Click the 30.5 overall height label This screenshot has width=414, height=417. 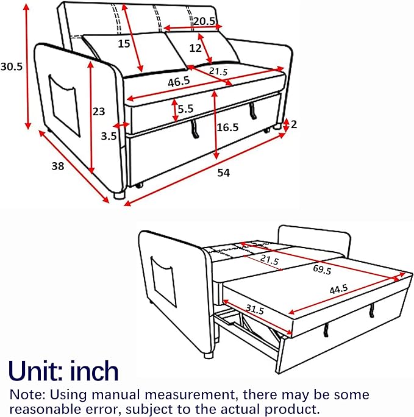(12, 66)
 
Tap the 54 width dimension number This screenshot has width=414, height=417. (223, 173)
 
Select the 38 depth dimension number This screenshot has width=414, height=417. (58, 166)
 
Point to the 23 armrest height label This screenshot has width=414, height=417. (99, 112)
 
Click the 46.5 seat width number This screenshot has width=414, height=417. (179, 82)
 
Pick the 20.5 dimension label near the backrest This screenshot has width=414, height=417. (204, 21)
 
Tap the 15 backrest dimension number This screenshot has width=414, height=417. (124, 44)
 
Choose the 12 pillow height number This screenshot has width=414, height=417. (196, 48)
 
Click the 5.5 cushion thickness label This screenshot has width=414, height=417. (185, 109)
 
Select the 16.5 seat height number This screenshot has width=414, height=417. (227, 127)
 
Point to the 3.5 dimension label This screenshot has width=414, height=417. (109, 136)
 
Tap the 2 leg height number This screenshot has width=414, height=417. (293, 124)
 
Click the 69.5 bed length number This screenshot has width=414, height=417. (322, 269)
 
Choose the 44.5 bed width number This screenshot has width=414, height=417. (339, 289)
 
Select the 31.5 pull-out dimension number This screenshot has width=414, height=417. (255, 309)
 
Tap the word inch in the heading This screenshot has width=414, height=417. (94, 371)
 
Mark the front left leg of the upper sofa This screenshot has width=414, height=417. (120, 196)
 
